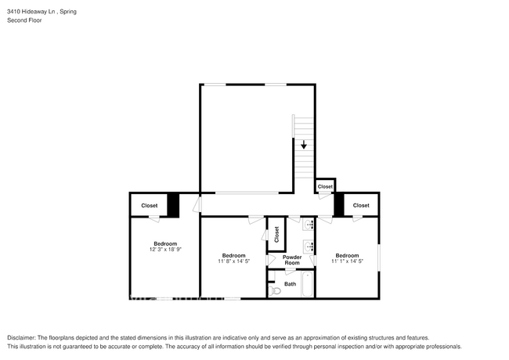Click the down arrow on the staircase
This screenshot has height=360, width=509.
tap(303, 144)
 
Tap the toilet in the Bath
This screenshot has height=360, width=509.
tap(274, 290)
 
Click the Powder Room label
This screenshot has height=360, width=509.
tap(292, 260)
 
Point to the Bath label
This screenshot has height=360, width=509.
tap(290, 283)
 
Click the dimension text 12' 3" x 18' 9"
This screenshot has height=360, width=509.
tap(165, 250)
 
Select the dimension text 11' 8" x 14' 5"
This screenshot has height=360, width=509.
tap(234, 261)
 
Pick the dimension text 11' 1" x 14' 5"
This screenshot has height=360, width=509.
tap(347, 261)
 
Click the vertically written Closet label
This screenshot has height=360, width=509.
tap(276, 233)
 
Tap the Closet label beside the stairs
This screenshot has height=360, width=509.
tap(325, 186)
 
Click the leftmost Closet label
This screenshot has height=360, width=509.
tap(149, 205)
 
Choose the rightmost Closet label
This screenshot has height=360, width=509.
tap(361, 205)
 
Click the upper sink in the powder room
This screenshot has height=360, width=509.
tap(310, 225)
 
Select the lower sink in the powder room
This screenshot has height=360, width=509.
tap(310, 247)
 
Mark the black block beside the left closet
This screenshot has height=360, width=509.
tap(173, 204)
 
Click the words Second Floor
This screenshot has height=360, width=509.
tap(24, 20)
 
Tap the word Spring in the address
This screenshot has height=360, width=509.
tap(68, 12)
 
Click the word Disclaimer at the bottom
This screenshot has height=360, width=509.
tap(23, 337)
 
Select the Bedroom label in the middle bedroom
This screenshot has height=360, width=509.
tap(234, 255)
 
